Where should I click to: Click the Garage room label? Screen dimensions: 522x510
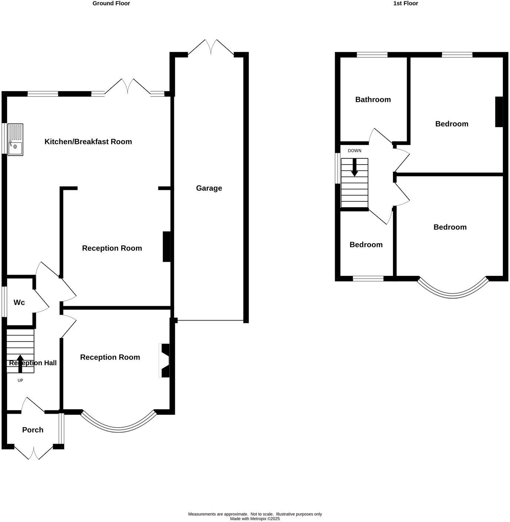pos(209,188)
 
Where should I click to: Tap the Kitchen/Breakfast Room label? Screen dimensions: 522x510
pos(88,142)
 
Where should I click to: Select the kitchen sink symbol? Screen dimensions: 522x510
pos(15,139)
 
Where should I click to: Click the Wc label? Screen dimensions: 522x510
pos(19,303)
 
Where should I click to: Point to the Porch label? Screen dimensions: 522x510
pos(33,430)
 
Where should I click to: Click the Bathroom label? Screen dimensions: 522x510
pos(373,99)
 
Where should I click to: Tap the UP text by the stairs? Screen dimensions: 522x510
pos(20,380)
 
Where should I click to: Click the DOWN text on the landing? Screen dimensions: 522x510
pos(354,151)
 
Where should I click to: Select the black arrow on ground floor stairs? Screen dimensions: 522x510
pos(20,363)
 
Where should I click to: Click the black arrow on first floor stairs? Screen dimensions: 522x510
pos(355,168)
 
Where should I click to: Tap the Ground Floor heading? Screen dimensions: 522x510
pos(111,3)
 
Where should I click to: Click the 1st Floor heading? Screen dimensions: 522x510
pos(406,3)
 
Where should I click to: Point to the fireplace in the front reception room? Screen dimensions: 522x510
pos(165,361)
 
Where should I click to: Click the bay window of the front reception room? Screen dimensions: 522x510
pos(119,426)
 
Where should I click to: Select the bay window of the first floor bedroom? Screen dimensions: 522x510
pos(453,293)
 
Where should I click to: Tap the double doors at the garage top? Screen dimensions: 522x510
pos(211,47)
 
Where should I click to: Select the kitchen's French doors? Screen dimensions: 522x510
pos(127,86)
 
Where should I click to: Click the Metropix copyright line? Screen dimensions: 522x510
pos(255,519)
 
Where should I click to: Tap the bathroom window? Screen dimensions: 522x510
pos(372,55)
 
